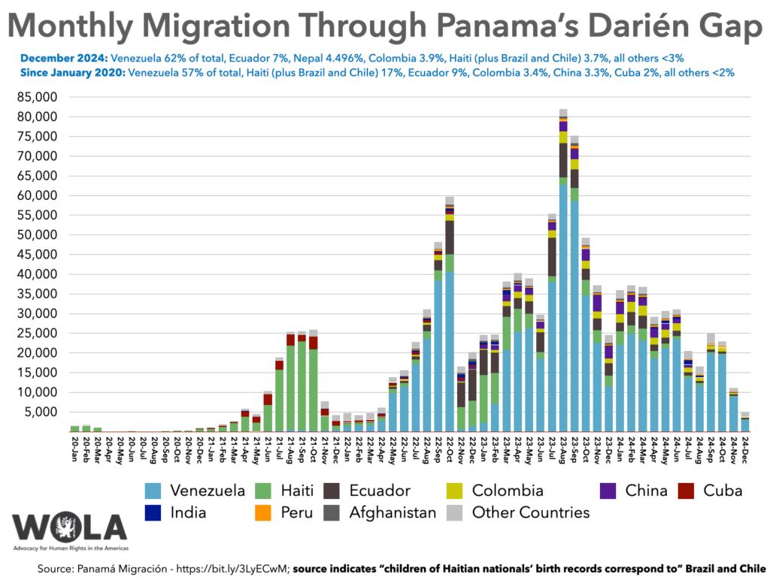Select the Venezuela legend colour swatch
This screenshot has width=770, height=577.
pos(156,491)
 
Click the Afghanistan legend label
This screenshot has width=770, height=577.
pos(393,512)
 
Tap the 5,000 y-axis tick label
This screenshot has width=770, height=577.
pos(40,412)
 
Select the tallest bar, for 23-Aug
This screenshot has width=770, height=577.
pos(562,271)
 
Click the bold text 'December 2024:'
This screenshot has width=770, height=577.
pos(64,58)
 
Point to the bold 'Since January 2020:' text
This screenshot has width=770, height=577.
pos(74,73)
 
